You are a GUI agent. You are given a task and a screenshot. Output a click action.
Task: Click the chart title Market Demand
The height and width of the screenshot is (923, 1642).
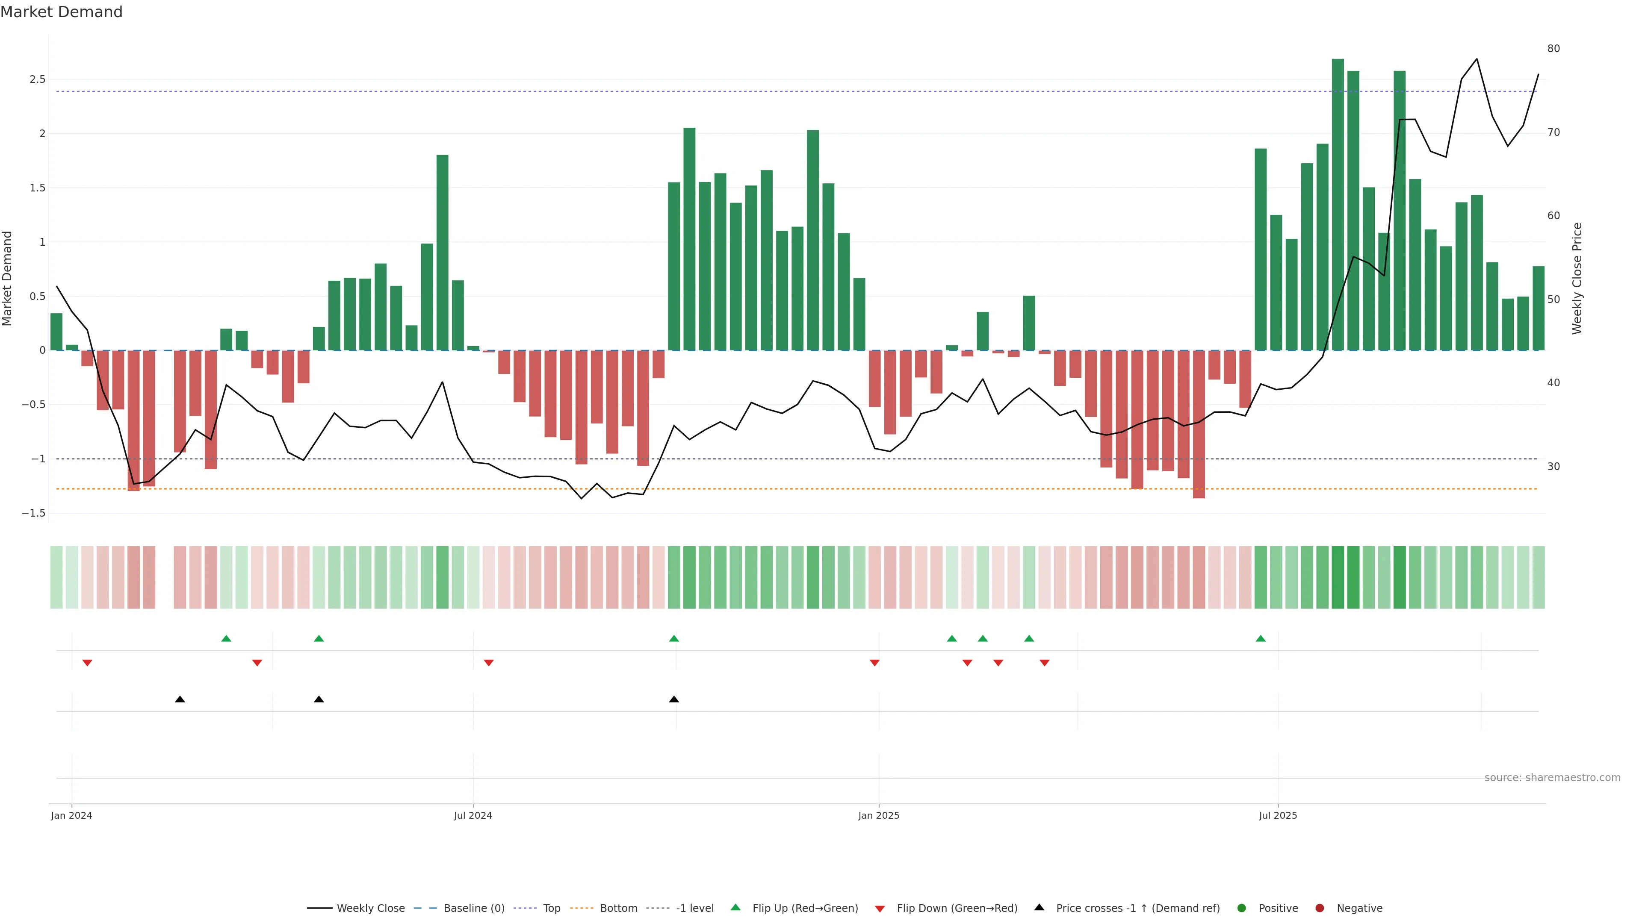point(61,12)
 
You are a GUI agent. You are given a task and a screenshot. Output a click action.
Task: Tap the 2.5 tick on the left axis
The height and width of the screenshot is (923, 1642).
point(37,79)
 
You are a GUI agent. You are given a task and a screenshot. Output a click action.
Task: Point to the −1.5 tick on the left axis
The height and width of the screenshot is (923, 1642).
point(33,513)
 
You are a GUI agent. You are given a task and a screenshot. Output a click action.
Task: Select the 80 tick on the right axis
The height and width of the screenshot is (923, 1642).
point(1553,48)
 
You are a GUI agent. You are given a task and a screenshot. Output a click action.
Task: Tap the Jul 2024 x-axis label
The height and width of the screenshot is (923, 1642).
point(473,815)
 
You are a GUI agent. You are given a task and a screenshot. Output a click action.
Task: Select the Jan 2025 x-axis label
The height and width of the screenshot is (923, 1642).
point(878,815)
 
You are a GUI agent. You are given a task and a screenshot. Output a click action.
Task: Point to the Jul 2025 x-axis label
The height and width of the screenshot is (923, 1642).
point(1277,815)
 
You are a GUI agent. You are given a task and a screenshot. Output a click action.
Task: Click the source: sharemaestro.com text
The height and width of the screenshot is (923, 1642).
point(1552,778)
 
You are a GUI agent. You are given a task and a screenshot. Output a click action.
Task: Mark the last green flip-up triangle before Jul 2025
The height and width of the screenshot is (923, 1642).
point(1260,638)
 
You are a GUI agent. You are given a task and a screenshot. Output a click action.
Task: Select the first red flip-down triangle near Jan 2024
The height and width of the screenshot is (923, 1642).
point(87,663)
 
